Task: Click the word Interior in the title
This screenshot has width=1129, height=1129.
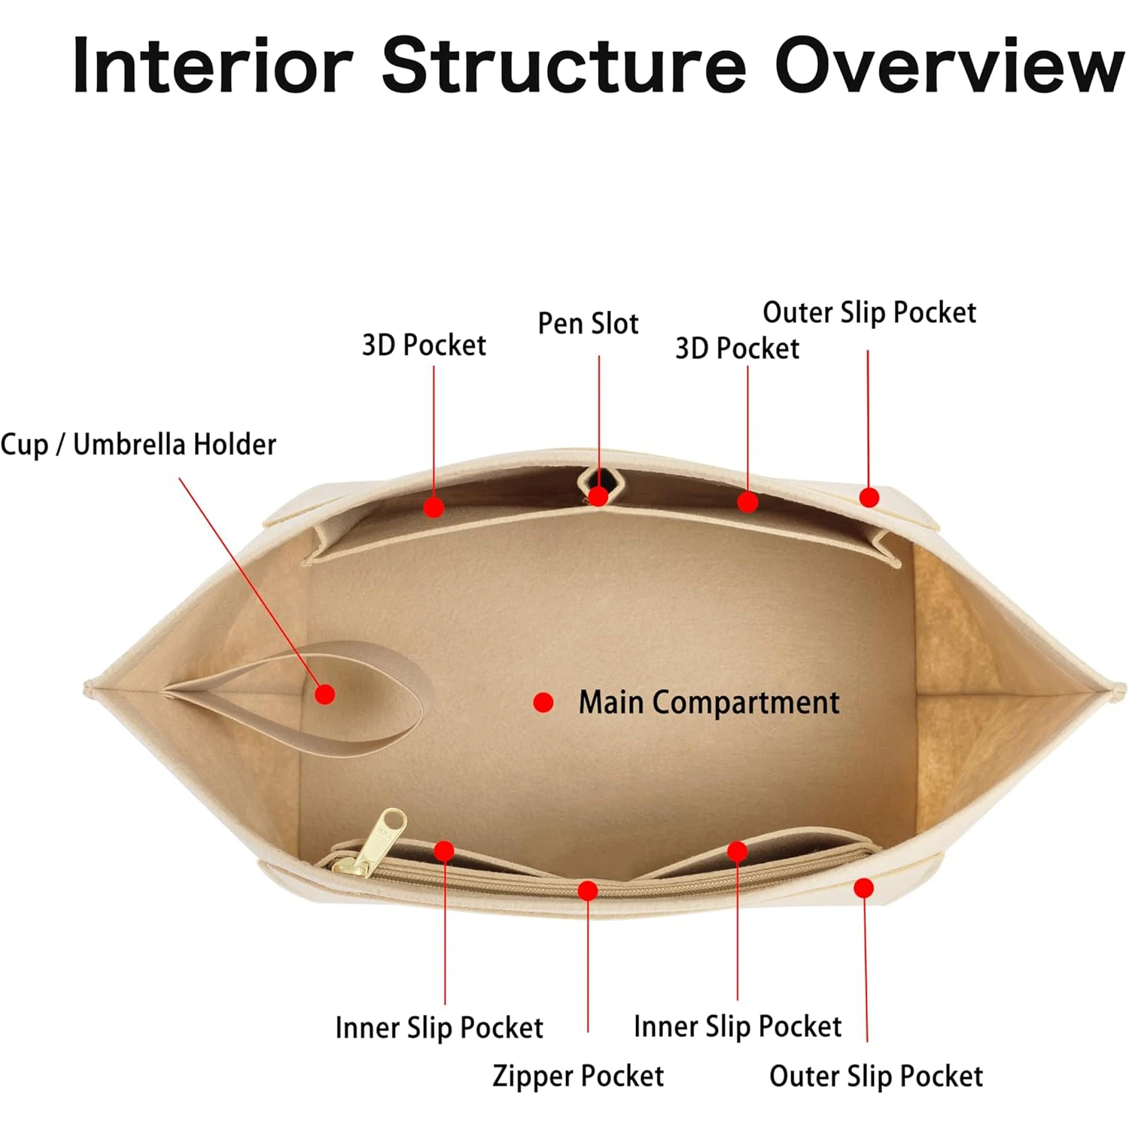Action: pyautogui.click(x=212, y=66)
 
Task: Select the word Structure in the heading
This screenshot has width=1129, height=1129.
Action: pyautogui.click(x=564, y=66)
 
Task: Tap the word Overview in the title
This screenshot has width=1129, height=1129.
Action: pyautogui.click(x=948, y=66)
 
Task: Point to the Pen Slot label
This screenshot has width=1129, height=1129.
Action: pyautogui.click(x=588, y=324)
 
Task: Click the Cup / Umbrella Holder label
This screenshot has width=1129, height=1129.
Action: pyautogui.click(x=138, y=445)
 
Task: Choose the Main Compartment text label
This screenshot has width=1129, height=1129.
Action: pyautogui.click(x=708, y=702)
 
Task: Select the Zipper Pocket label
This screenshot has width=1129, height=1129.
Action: pyautogui.click(x=578, y=1076)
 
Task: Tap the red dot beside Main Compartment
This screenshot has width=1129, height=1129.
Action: pyautogui.click(x=543, y=702)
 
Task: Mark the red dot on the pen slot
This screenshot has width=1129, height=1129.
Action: pyautogui.click(x=598, y=496)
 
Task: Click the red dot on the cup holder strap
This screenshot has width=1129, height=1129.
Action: pyautogui.click(x=324, y=694)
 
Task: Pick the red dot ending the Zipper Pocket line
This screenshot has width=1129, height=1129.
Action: pyautogui.click(x=588, y=891)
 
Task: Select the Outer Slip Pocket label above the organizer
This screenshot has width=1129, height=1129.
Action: pyautogui.click(x=869, y=312)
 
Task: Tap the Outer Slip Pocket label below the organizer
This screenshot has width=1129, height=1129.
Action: pyautogui.click(x=876, y=1076)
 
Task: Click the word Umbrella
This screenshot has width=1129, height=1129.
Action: pyautogui.click(x=128, y=445)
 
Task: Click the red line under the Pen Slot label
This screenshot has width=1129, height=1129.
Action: pyautogui.click(x=599, y=414)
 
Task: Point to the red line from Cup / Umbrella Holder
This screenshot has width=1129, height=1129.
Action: pyautogui.click(x=248, y=580)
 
